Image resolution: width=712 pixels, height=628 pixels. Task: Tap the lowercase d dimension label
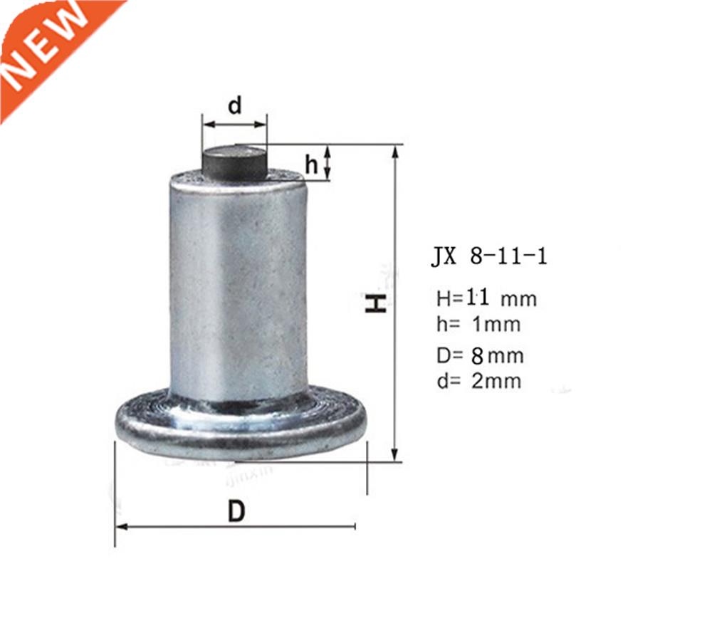(x=235, y=105)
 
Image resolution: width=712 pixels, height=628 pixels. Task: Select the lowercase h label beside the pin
(x=312, y=164)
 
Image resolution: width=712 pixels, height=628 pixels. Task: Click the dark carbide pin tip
(x=234, y=162)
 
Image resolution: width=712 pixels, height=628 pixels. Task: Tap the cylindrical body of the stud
(x=239, y=285)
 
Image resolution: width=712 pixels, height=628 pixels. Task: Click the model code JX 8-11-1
(x=489, y=256)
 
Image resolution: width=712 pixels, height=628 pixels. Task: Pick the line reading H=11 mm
(x=486, y=298)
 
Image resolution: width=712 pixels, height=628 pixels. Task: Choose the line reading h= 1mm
(x=478, y=325)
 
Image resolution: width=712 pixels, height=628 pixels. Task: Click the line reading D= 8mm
(x=481, y=355)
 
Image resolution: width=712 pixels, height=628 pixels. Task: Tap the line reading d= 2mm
(x=479, y=381)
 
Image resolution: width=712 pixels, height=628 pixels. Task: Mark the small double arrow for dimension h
(x=328, y=162)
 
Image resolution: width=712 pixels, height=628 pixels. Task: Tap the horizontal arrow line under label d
(x=234, y=124)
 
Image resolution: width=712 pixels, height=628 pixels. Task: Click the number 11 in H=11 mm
(x=476, y=298)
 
